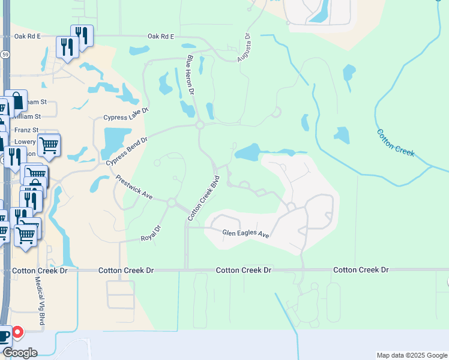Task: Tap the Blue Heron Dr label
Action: coord(191,75)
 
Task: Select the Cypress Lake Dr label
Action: coord(125,114)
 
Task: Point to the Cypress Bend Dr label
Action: coord(127,151)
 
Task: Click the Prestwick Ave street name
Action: coord(134,188)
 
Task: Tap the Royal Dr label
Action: coord(151,232)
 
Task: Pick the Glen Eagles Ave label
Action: coord(246,233)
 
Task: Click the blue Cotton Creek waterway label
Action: coord(396,143)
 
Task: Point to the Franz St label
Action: coord(27,130)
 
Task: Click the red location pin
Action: coord(17,332)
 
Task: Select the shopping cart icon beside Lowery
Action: coord(49,144)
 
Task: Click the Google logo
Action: coord(20,353)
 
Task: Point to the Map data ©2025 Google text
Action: coord(411,355)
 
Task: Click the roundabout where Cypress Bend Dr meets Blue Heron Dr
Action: coord(200,125)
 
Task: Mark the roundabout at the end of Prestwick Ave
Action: coord(172,203)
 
